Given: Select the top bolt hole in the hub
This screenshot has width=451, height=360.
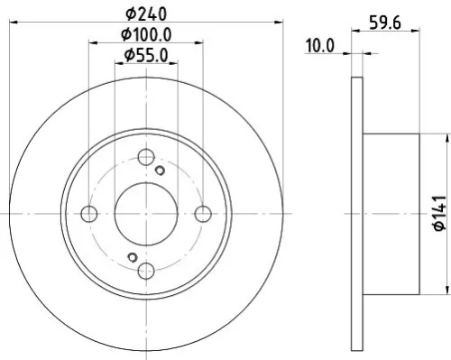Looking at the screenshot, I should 145,156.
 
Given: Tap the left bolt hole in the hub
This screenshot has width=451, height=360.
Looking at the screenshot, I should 88,214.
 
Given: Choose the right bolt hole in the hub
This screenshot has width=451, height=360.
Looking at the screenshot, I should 203,214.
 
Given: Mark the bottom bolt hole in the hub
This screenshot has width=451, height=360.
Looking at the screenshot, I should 145,270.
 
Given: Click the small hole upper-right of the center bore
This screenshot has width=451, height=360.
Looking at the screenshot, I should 161,171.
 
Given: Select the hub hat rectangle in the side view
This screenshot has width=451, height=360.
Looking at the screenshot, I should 390,213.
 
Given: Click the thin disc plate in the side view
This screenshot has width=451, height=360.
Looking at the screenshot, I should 354,213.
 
